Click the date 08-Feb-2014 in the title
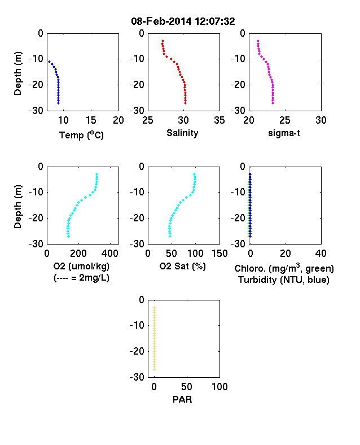coord(161,21)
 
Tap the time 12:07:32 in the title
coord(215,21)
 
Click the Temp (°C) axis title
coord(81,135)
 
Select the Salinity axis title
coord(182,133)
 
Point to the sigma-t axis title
coord(284,133)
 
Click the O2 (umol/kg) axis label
coord(81,266)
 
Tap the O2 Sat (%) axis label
coord(182,266)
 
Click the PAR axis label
coord(182,399)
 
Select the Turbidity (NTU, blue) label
coord(284,280)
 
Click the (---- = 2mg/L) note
coord(81,277)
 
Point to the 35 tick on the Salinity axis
coord(219,120)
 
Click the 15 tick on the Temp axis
coord(91,120)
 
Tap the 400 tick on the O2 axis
coord(110,254)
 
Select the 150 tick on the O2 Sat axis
coord(219,254)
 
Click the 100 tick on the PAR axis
coord(219,386)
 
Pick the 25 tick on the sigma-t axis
coord(285,120)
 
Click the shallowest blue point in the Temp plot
coord(49,62)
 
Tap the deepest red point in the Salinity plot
coord(186,103)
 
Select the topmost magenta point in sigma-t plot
coord(258,41)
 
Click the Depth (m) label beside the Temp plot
coord(18,73)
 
